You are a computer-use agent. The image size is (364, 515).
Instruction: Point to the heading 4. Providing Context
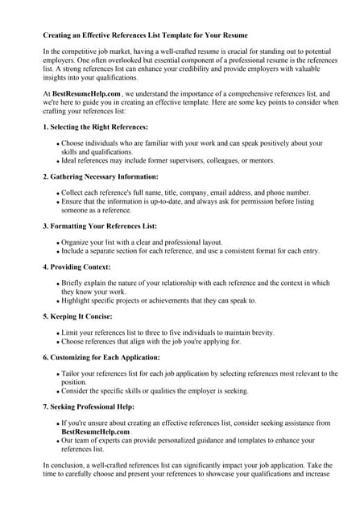(77, 266)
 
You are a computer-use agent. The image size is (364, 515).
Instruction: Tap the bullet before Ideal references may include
(58, 160)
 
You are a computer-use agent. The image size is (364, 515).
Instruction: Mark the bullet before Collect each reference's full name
(58, 193)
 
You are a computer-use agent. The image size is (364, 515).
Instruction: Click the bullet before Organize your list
(58, 242)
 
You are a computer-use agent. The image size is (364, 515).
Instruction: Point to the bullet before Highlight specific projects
(58, 301)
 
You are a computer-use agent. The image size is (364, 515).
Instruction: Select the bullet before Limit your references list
(58, 333)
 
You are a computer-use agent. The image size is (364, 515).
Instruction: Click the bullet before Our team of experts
(58, 440)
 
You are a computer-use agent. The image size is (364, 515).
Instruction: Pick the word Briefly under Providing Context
(73, 283)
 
